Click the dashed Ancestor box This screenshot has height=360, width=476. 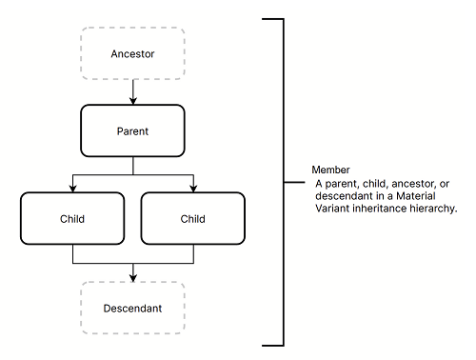pos(132,53)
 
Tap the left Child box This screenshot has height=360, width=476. pos(72,218)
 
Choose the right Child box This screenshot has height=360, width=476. pos(193,218)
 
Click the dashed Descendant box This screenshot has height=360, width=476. pos(132,308)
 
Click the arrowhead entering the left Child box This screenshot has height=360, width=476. pos(72,188)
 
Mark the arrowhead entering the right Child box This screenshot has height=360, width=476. pos(193,188)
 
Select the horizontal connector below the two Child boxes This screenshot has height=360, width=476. pos(132,262)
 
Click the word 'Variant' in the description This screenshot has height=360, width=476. pos(335,208)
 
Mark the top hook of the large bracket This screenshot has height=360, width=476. pos(271,18)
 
